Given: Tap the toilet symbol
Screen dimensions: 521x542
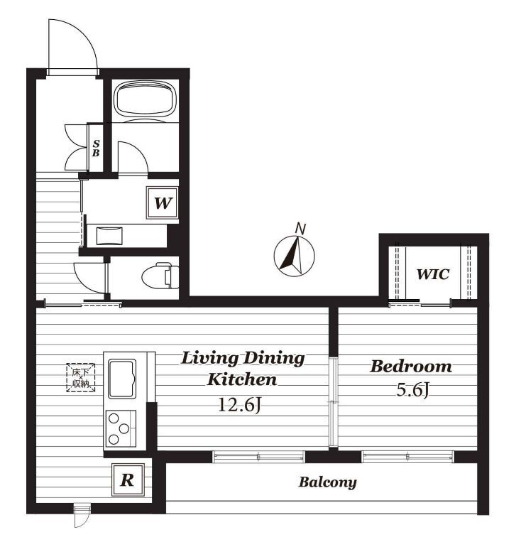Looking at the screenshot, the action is (160, 276).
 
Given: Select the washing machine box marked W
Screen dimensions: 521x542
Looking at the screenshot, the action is (163, 203).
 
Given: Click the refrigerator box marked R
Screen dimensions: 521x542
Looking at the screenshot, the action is (128, 479).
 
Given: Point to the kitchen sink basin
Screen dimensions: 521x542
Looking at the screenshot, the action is (122, 379).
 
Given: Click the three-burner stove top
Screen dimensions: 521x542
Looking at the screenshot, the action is (121, 428).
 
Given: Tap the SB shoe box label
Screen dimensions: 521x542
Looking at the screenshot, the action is (96, 148).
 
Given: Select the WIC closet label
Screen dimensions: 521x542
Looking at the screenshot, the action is (433, 274).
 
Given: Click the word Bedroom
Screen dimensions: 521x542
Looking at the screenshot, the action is (411, 367).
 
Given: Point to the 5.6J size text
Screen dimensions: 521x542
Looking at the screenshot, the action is (413, 391).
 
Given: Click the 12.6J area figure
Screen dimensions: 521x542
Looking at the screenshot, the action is (239, 404).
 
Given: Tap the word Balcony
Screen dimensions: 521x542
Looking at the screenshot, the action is (327, 482).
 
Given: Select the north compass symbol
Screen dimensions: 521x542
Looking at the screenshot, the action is (294, 256).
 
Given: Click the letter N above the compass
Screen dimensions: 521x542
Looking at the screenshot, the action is (301, 229).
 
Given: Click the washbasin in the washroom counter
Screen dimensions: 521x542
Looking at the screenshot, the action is (109, 236).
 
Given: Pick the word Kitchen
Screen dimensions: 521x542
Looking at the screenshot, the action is (242, 379).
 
